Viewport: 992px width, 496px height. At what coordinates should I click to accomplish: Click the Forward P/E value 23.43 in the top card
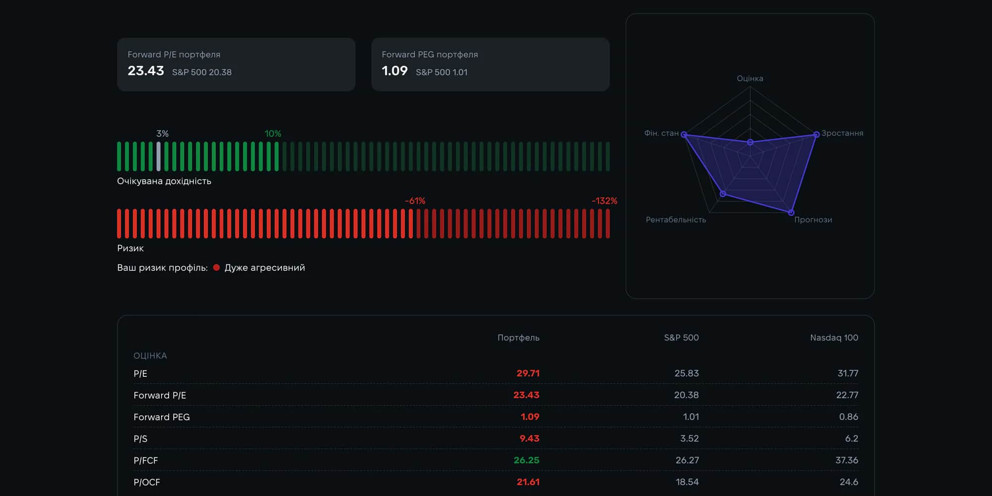coord(146,71)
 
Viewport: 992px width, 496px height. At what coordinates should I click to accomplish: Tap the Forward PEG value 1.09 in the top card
coord(395,71)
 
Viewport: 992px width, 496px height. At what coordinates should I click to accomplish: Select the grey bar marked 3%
coord(159,156)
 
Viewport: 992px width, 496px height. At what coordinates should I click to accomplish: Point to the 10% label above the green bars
coord(273,134)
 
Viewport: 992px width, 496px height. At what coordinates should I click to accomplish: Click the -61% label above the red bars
coord(415,201)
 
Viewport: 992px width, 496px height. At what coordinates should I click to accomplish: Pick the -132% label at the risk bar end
coord(605,201)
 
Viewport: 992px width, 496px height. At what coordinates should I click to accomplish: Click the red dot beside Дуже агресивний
coord(216,267)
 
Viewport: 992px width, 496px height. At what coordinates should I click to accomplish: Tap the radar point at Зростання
coord(816,135)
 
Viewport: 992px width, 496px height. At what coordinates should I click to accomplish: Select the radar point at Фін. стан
coord(684,135)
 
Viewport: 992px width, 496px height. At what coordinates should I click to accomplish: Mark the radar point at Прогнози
coord(791,213)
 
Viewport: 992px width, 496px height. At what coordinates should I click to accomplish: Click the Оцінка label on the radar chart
coord(750,78)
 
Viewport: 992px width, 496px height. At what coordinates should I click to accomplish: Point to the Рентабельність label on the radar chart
coord(676,219)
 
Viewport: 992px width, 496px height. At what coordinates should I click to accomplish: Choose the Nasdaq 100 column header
coord(834,338)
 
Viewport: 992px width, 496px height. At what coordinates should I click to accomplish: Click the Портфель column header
coord(518,338)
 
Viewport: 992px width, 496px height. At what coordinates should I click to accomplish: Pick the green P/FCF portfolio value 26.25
coord(526,460)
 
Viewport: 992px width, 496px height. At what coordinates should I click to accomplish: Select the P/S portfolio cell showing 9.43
coord(529,438)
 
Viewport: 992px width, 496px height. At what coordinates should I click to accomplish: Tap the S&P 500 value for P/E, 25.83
coord(686,373)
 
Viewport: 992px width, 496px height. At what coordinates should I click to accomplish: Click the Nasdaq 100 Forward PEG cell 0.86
coord(849,417)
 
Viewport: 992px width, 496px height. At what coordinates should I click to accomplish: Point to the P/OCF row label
coord(147,482)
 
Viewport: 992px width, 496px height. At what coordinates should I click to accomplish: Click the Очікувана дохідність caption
coord(164,181)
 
